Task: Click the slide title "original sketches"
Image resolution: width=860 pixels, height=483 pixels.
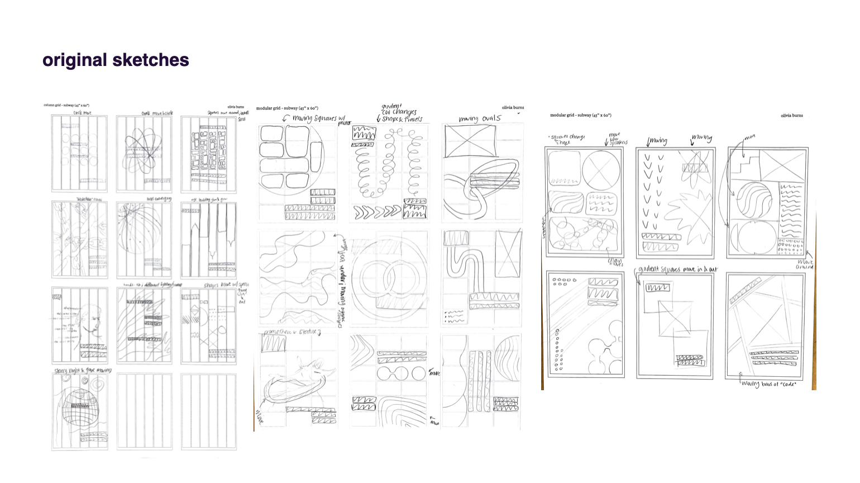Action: point(116,60)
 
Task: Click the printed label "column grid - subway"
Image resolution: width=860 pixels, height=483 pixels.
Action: point(66,105)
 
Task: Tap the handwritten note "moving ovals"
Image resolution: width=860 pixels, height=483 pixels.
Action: point(480,119)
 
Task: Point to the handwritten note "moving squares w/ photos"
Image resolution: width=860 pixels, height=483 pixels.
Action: point(313,119)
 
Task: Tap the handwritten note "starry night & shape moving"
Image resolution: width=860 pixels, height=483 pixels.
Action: point(82,370)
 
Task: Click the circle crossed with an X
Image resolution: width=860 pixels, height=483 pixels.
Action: point(601,171)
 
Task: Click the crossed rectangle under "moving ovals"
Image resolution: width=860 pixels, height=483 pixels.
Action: point(470,141)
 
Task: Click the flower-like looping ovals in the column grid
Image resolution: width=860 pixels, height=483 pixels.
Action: point(144,152)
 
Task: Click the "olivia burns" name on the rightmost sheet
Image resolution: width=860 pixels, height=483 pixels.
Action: point(791,116)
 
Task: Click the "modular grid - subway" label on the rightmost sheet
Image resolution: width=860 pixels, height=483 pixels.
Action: point(580,115)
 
